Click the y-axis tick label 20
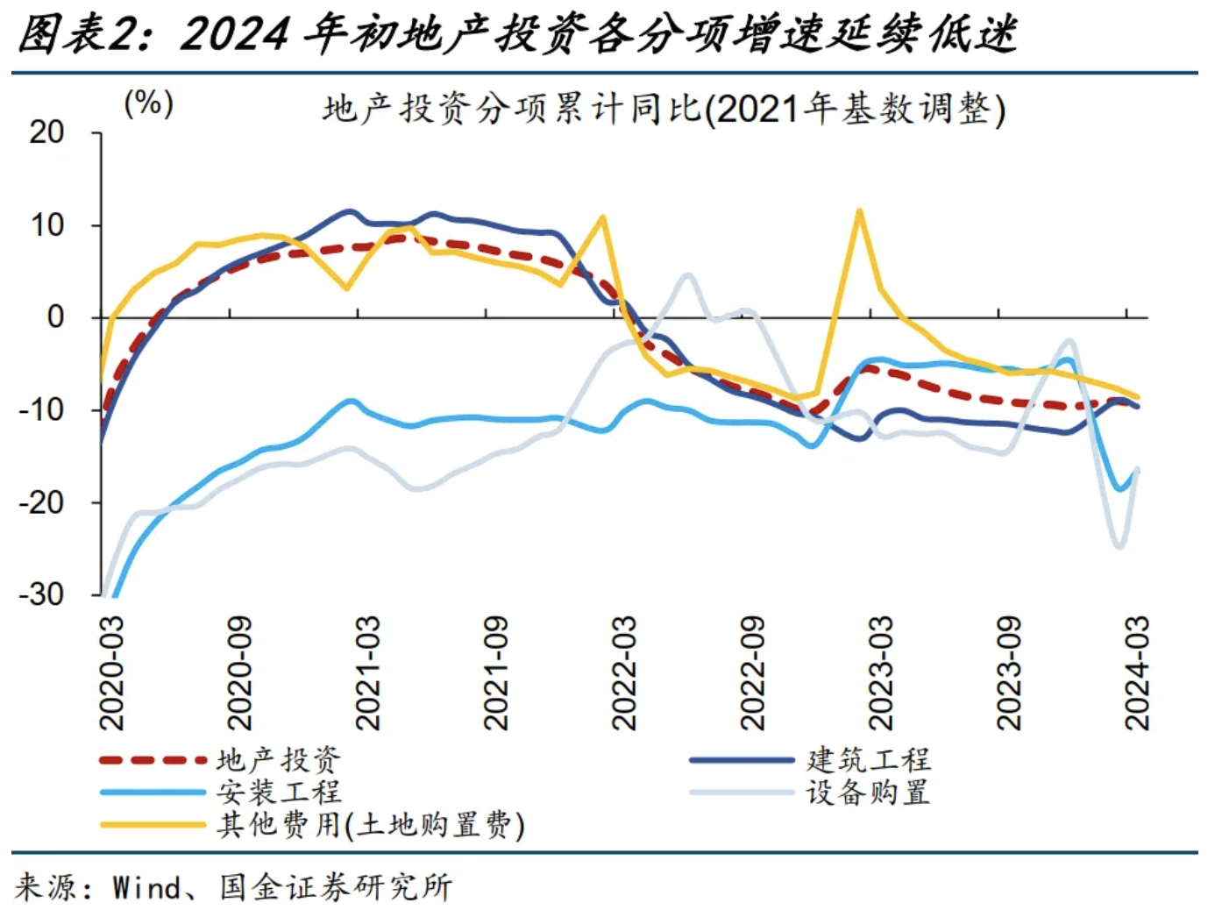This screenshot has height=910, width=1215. click(x=46, y=132)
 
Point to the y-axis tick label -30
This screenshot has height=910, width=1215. click(x=42, y=594)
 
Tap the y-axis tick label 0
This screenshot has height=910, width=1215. click(x=55, y=316)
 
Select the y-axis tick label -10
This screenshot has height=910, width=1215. click(x=42, y=409)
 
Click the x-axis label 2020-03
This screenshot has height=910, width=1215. click(x=111, y=672)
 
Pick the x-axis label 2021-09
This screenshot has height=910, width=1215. click(x=495, y=672)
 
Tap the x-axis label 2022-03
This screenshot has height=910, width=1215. click(x=623, y=672)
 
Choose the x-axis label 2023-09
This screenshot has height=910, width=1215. click(x=1008, y=672)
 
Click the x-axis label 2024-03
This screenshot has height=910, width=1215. click(x=1136, y=672)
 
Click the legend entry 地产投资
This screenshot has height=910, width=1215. click(x=278, y=759)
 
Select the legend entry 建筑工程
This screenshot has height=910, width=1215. click(x=868, y=759)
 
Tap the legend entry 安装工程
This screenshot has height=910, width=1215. click(x=278, y=793)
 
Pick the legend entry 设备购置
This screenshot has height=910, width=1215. click(x=868, y=793)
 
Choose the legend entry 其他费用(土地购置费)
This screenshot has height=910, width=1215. click(x=370, y=825)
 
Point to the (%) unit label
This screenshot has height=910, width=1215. click(x=148, y=103)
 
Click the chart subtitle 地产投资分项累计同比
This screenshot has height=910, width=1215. click(x=664, y=110)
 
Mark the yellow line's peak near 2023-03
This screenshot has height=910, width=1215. click(x=859, y=210)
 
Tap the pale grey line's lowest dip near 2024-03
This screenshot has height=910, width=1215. click(x=1119, y=547)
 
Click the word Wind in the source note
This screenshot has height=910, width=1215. click(x=146, y=887)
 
